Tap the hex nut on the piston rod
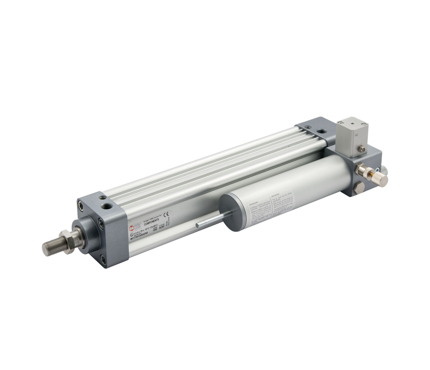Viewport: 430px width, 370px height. pos(66,240)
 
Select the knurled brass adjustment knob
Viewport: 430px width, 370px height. pos(380,179)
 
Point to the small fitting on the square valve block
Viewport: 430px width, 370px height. pos(362,149)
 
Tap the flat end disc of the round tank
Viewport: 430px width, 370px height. pos(230,212)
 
